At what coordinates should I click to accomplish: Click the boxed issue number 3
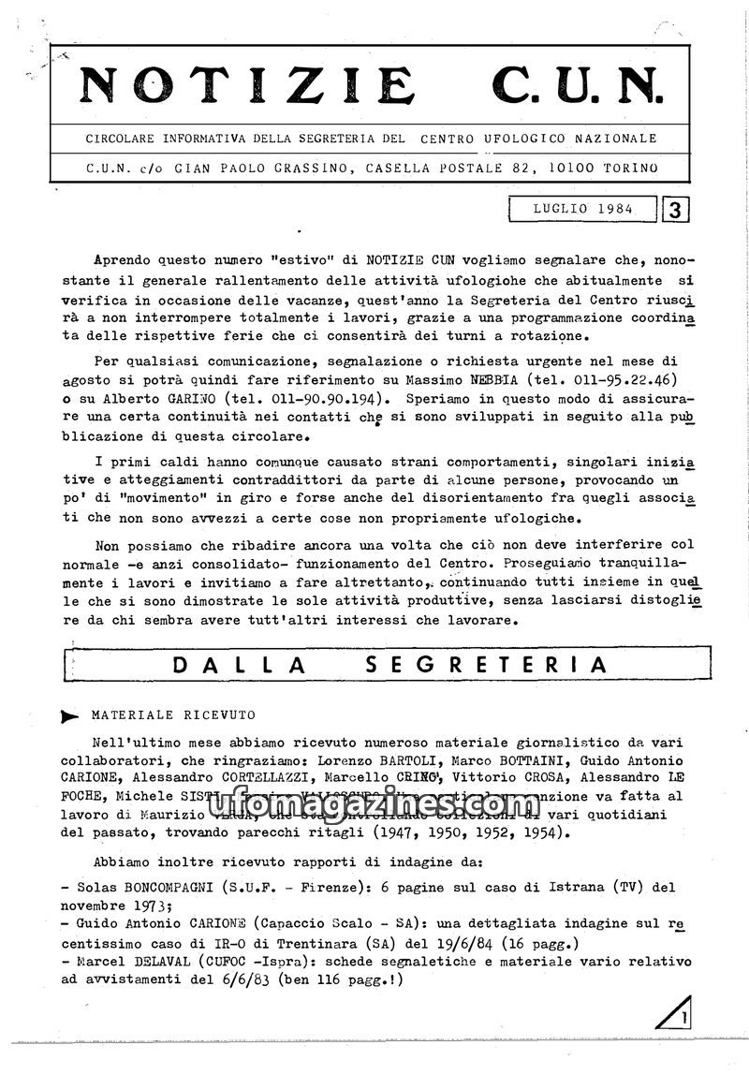pos(675,210)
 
